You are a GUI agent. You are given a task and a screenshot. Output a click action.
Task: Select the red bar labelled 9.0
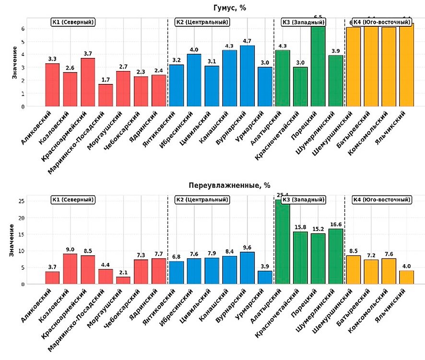[x=70, y=269]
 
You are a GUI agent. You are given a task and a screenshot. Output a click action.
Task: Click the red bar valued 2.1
[x=123, y=280]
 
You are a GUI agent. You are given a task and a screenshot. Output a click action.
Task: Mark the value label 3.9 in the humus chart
[x=336, y=51]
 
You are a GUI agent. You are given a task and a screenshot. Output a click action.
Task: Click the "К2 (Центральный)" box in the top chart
[x=202, y=22]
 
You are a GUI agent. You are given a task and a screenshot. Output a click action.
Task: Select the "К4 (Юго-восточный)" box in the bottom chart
[x=382, y=199]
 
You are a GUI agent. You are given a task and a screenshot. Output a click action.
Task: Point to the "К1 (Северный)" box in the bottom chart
[x=72, y=199]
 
